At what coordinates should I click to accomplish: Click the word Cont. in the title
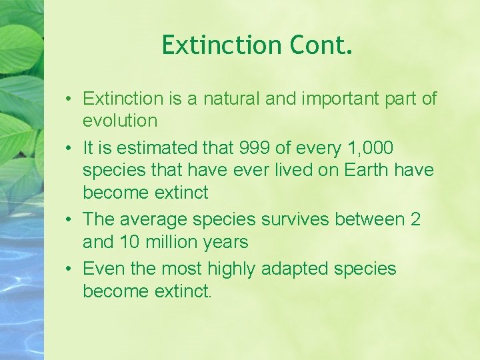[321, 45]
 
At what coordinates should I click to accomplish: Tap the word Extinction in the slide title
[223, 45]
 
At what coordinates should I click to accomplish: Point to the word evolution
[120, 121]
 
